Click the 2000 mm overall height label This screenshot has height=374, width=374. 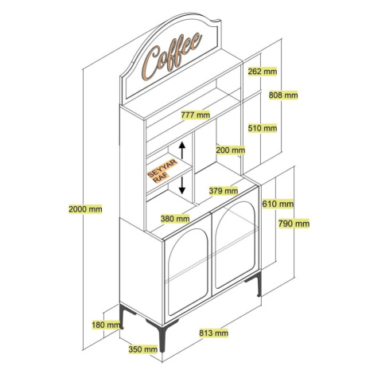pyautogui.click(x=85, y=209)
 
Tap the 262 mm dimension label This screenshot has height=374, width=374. pyautogui.click(x=263, y=71)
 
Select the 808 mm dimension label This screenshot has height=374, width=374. pyautogui.click(x=283, y=95)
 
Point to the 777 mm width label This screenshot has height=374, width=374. pyautogui.click(x=196, y=115)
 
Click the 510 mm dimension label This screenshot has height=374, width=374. pyautogui.click(x=263, y=128)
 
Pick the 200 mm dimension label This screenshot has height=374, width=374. pyautogui.click(x=231, y=150)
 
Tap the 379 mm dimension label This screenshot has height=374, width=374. pyautogui.click(x=224, y=190)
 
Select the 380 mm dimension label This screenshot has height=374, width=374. pyautogui.click(x=175, y=219)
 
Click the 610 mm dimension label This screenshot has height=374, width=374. pyautogui.click(x=278, y=204)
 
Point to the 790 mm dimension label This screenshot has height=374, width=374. pyautogui.click(x=294, y=224)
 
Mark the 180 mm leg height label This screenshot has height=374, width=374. pyautogui.click(x=106, y=325)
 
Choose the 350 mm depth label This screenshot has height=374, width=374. pyautogui.click(x=143, y=349)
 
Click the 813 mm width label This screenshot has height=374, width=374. pyautogui.click(x=214, y=333)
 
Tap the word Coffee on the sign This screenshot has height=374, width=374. pyautogui.click(x=172, y=56)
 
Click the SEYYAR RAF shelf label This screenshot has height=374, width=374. pyautogui.click(x=162, y=171)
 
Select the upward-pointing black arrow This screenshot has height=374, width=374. pyautogui.click(x=182, y=150)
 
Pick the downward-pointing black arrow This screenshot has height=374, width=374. pyautogui.click(x=182, y=185)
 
